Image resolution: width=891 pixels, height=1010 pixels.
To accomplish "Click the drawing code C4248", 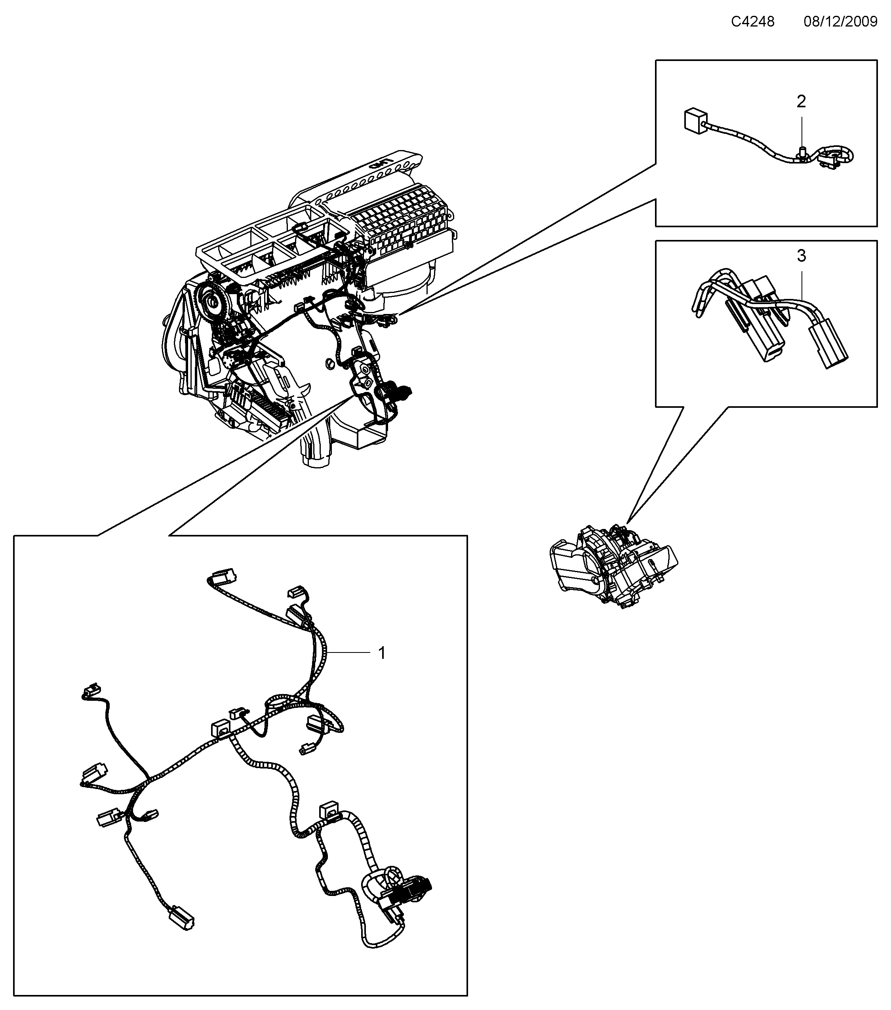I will point(753,22).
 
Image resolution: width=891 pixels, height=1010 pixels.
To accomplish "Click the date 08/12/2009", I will point(840,22).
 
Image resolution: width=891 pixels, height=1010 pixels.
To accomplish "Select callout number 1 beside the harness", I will point(381,653).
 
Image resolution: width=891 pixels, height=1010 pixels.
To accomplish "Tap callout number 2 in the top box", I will point(801,102).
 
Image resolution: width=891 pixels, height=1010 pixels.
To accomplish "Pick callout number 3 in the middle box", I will point(801,256).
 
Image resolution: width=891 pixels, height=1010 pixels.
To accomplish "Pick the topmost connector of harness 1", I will point(223,576).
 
